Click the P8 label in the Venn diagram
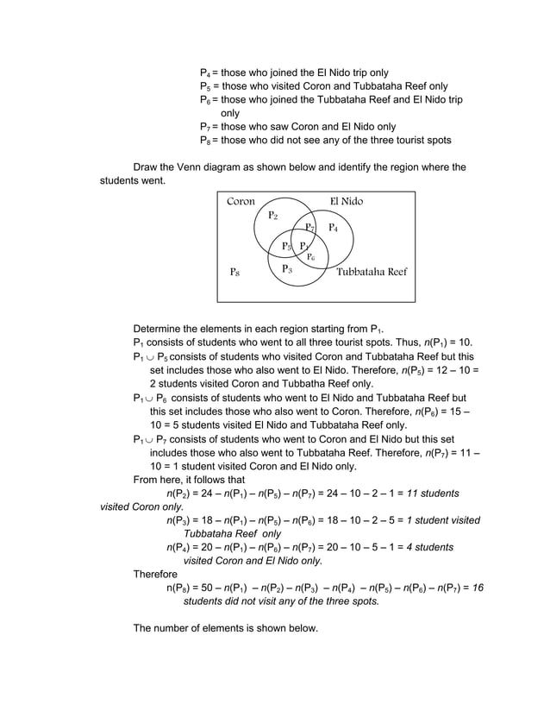[x=234, y=272]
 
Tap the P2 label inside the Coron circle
[x=272, y=215]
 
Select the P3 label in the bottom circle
[x=286, y=269]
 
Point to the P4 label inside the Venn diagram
[x=333, y=228]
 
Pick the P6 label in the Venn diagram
[x=310, y=257]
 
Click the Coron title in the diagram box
[x=241, y=202]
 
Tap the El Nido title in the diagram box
[x=347, y=202]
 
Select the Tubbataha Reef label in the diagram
[x=371, y=272]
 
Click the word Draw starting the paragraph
[x=147, y=167]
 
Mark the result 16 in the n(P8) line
[x=478, y=588]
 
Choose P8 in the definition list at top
[x=205, y=141]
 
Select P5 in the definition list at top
[x=205, y=86]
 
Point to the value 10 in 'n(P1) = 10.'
[x=465, y=342]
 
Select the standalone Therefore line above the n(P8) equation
[x=155, y=574]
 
